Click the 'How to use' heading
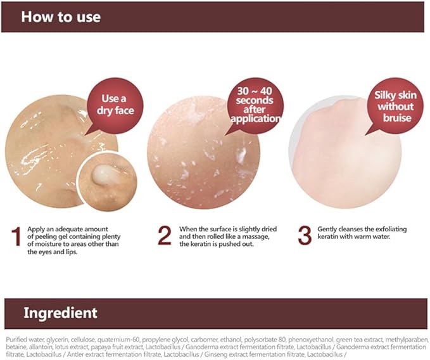click(61, 16)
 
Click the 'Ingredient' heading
click(61, 312)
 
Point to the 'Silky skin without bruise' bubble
click(396, 106)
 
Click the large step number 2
click(165, 235)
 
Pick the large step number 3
click(305, 235)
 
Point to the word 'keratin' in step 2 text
click(201, 243)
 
